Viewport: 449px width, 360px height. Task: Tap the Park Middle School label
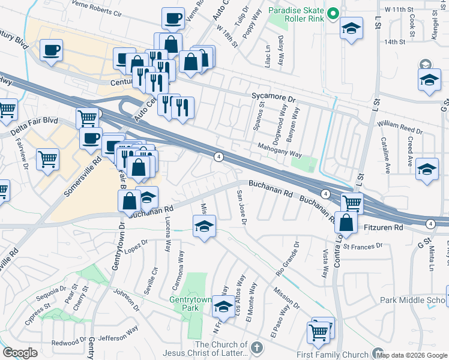click(414, 299)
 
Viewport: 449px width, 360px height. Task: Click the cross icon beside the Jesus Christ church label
click(256, 347)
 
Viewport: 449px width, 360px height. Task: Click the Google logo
click(20, 352)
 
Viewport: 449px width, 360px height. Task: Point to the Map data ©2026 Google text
click(412, 355)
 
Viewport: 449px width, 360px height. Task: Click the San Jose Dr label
click(241, 207)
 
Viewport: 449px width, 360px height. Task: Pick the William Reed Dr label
click(400, 127)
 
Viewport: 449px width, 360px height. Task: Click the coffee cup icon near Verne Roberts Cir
click(173, 19)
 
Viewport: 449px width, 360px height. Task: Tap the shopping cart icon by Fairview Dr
click(47, 160)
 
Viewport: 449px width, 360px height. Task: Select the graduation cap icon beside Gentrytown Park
click(223, 307)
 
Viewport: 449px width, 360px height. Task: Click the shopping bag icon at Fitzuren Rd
click(347, 223)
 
